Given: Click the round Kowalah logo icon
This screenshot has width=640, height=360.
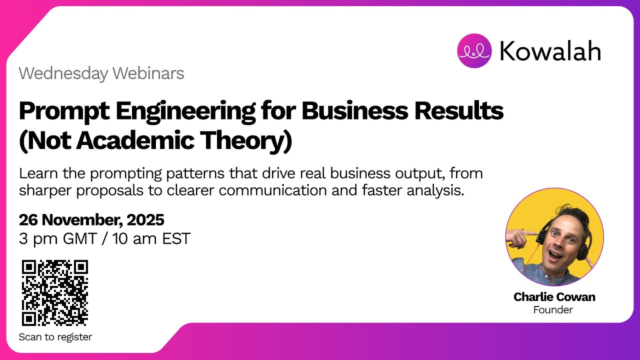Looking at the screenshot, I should (474, 50).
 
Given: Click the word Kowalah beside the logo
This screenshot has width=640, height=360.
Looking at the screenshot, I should (550, 51).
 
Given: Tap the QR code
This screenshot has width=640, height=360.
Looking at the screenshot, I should (55, 292).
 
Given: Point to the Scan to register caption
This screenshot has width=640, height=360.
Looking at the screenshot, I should (55, 337).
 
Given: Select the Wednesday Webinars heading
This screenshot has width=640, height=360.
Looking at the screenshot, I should (101, 73).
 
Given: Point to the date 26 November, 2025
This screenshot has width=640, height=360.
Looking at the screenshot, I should (91, 219).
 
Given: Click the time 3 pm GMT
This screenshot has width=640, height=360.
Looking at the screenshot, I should (57, 238).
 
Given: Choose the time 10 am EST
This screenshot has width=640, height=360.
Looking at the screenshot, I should (151, 238).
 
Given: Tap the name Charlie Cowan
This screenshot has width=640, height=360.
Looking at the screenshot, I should (554, 297).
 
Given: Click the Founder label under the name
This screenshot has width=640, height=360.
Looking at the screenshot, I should (553, 310).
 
